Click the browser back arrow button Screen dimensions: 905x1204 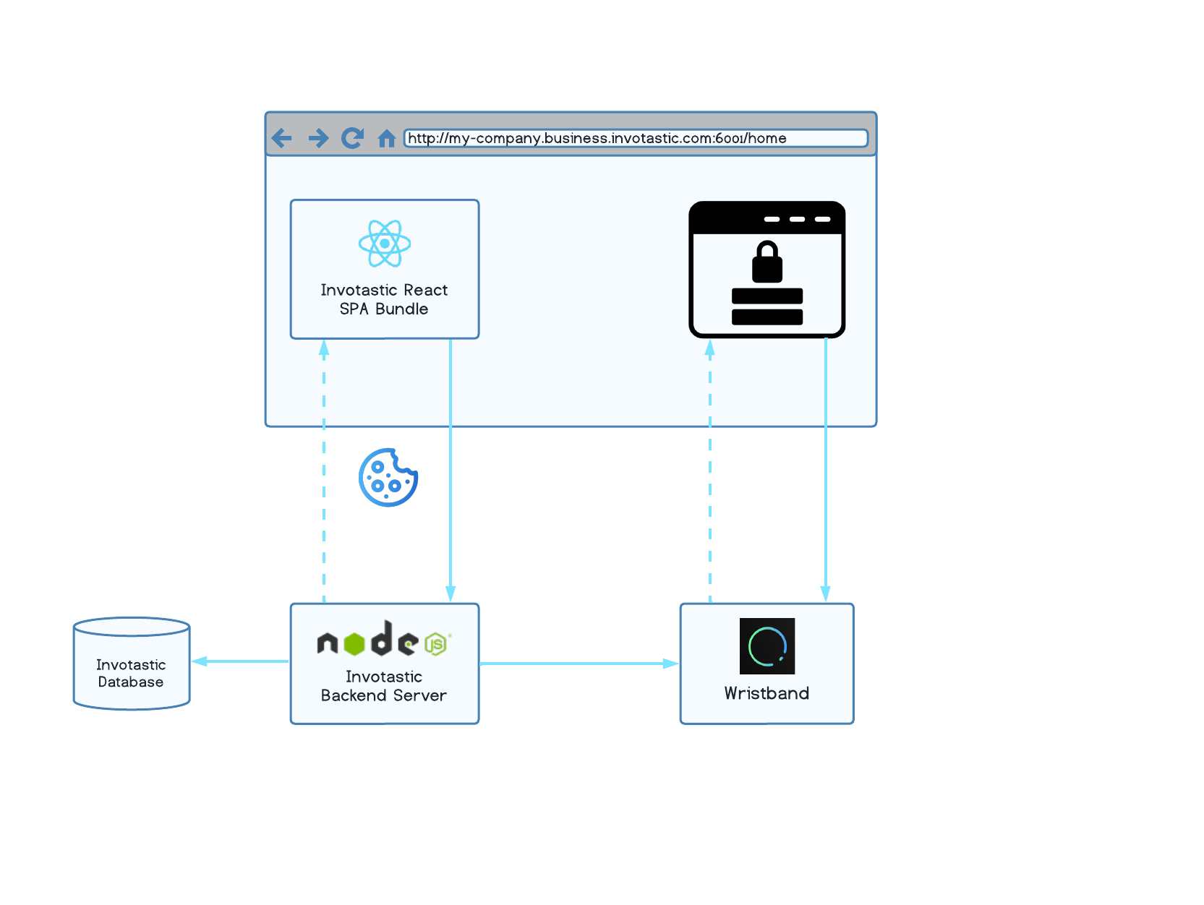pyautogui.click(x=281, y=137)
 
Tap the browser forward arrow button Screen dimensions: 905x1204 pyautogui.click(x=318, y=137)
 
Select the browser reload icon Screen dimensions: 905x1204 pyautogui.click(x=352, y=137)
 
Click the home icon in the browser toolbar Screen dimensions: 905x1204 pyautogui.click(x=387, y=138)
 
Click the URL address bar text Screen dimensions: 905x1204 pyautogui.click(x=597, y=138)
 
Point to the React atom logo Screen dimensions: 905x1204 pyautogui.click(x=385, y=244)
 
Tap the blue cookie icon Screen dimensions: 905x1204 pyautogui.click(x=388, y=478)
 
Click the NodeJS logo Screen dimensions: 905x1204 pyautogui.click(x=383, y=640)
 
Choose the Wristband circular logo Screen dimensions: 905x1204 pyautogui.click(x=767, y=646)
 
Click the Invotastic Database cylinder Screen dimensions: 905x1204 pyautogui.click(x=132, y=664)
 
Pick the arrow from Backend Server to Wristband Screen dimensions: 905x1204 pyautogui.click(x=578, y=664)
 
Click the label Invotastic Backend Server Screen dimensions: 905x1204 pyautogui.click(x=384, y=686)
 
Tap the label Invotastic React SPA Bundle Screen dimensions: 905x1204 pyautogui.click(x=384, y=299)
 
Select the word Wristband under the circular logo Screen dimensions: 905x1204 pyautogui.click(x=767, y=693)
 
